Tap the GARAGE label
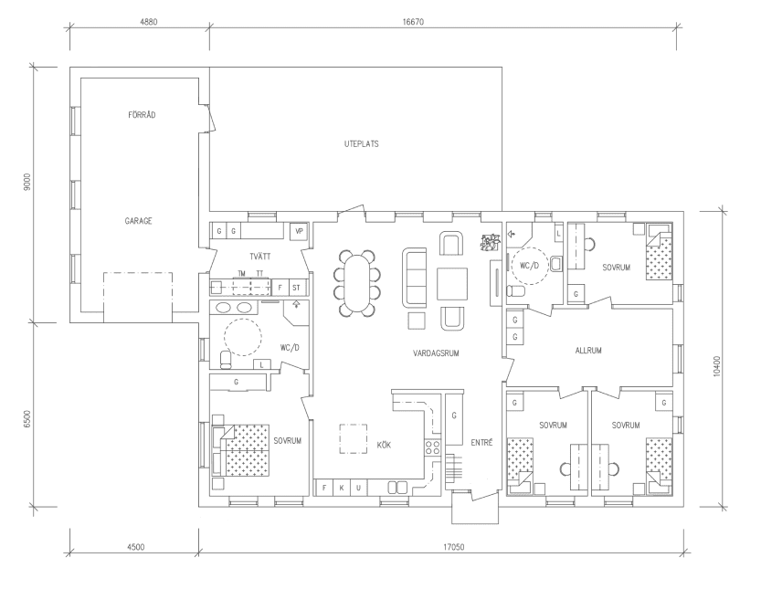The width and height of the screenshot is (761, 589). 139,221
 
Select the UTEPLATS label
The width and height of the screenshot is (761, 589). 361,143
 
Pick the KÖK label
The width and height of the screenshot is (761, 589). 385,444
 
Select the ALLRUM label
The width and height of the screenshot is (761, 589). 589,351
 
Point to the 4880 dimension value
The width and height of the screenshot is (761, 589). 140,21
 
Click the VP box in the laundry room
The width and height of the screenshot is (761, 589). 299,232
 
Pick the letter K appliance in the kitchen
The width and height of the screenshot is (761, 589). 342,489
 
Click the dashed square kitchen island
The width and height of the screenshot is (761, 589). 354,438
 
